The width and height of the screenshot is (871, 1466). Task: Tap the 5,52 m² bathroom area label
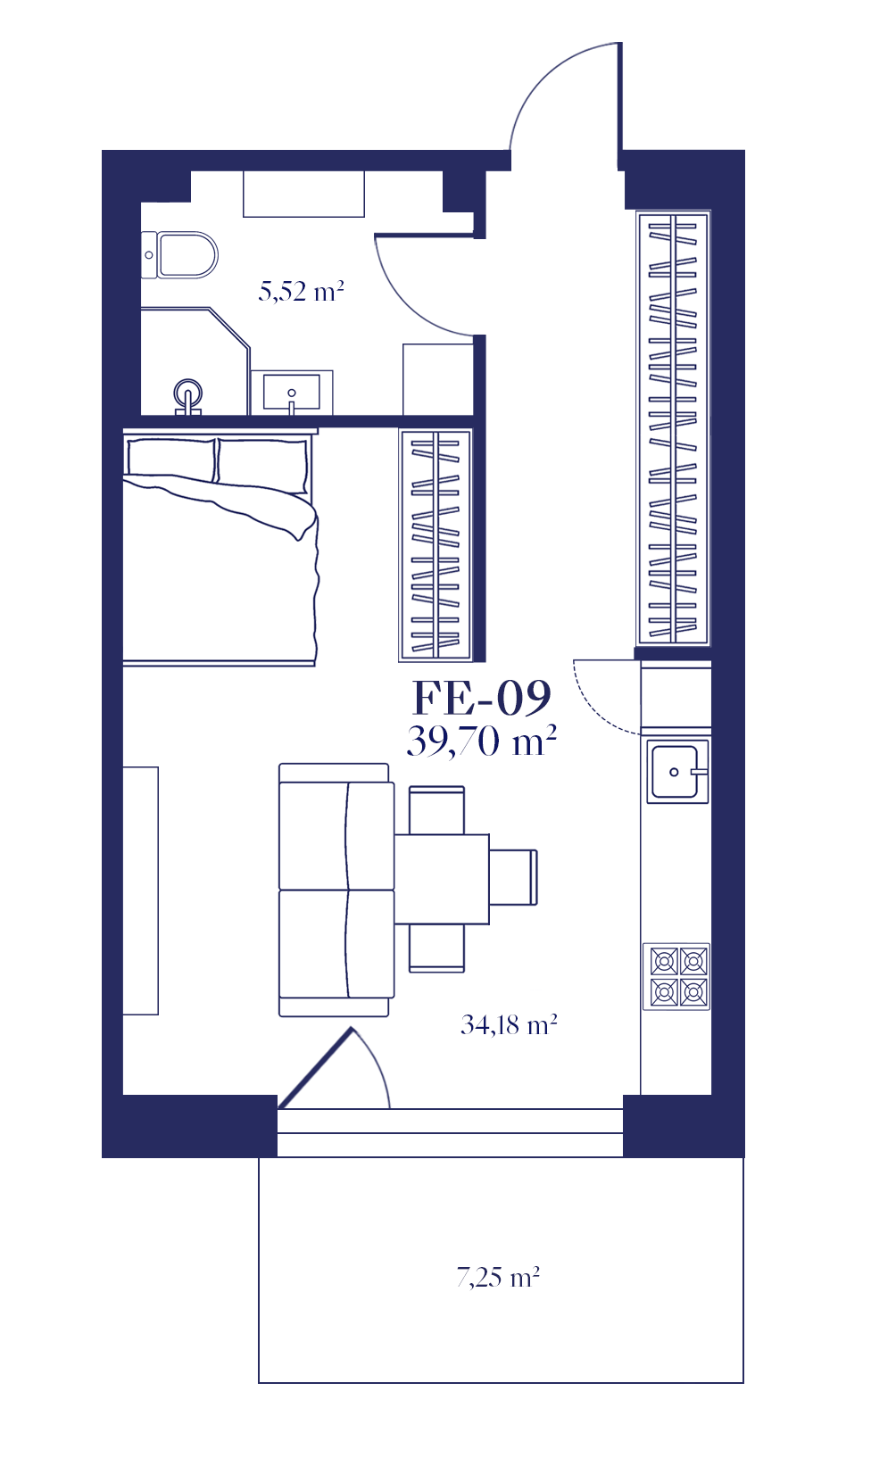click(301, 291)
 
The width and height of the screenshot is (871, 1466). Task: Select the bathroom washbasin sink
click(291, 392)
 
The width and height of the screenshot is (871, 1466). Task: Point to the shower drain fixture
click(188, 395)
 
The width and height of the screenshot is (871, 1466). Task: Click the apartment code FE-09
click(482, 698)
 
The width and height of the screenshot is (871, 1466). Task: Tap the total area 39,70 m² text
click(482, 741)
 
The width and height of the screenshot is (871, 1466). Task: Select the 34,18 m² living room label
click(509, 1025)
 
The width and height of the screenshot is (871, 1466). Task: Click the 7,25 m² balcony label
click(498, 1277)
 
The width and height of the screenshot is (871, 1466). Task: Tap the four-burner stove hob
click(676, 976)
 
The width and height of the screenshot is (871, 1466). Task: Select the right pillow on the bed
click(261, 466)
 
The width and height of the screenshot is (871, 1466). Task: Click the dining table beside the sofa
click(442, 879)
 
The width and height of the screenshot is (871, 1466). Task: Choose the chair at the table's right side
click(514, 877)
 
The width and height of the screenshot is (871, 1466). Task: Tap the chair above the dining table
click(436, 810)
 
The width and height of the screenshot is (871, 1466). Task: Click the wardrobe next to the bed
click(435, 544)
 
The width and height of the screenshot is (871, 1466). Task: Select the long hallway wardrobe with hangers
click(674, 428)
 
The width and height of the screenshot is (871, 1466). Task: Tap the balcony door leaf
click(315, 1068)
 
